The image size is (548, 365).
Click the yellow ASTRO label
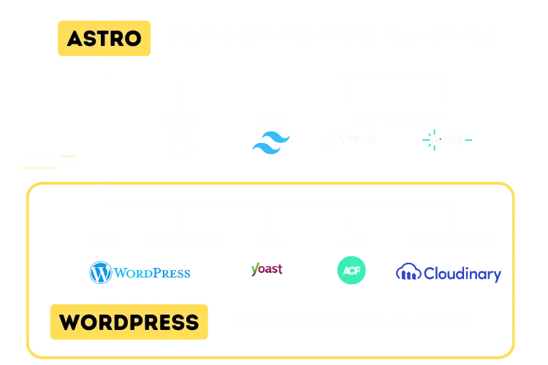click(x=103, y=38)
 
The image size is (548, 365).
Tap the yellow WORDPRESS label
click(x=129, y=323)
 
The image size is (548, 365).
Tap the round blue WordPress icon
click(x=101, y=273)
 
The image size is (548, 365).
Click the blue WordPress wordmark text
click(x=153, y=273)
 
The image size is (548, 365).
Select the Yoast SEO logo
click(x=267, y=269)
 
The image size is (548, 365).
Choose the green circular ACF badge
click(x=351, y=271)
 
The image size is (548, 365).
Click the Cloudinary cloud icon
click(x=405, y=272)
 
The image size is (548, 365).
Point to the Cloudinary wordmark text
click(x=460, y=273)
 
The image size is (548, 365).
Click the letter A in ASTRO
click(x=74, y=38)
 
